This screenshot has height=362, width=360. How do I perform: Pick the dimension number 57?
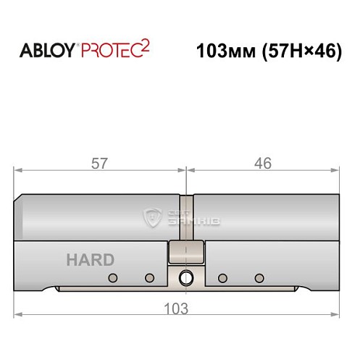pyautogui.click(x=100, y=164)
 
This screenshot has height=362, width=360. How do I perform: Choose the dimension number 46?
pyautogui.click(x=263, y=164)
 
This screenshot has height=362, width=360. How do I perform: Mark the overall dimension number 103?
pyautogui.click(x=177, y=307)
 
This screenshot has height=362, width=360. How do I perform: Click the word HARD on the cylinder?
pyautogui.click(x=90, y=260)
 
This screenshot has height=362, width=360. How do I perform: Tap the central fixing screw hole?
pyautogui.click(x=187, y=277)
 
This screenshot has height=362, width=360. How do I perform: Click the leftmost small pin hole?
pyautogui.click(x=112, y=278)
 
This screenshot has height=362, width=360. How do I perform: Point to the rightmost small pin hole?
pyautogui.click(x=259, y=278)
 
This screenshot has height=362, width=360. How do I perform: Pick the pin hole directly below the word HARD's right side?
pyautogui.click(x=149, y=278)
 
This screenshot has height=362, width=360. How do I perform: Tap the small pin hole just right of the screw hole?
pyautogui.click(x=222, y=278)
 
